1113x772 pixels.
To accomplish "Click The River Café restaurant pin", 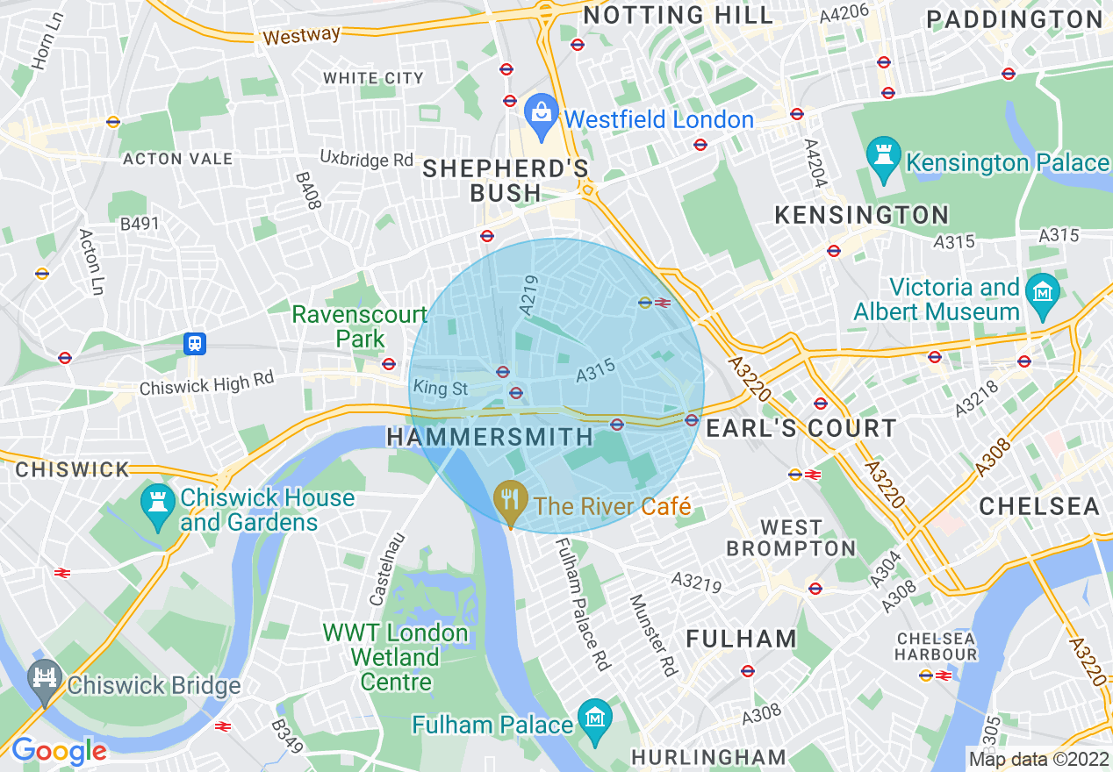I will pyautogui.click(x=509, y=501).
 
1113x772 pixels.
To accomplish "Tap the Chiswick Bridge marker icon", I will pyautogui.click(x=42, y=679).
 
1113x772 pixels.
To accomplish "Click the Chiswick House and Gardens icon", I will pyautogui.click(x=158, y=504).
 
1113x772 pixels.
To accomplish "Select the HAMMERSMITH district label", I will pyautogui.click(x=490, y=437).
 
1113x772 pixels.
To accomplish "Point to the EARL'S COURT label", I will pyautogui.click(x=801, y=428).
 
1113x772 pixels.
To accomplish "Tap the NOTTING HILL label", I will pyautogui.click(x=679, y=15).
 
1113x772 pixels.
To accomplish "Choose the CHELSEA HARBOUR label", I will pyautogui.click(x=936, y=646).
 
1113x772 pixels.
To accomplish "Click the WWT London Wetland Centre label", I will pyautogui.click(x=395, y=657).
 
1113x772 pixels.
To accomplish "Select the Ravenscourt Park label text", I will pyautogui.click(x=360, y=326).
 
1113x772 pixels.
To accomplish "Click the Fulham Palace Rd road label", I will pyautogui.click(x=581, y=604).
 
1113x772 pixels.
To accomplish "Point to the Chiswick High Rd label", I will pyautogui.click(x=206, y=382).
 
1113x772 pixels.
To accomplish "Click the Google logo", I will pyautogui.click(x=59, y=751).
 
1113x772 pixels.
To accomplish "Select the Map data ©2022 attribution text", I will pyautogui.click(x=1038, y=759).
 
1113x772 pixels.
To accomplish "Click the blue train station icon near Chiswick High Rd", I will pyautogui.click(x=195, y=343).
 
